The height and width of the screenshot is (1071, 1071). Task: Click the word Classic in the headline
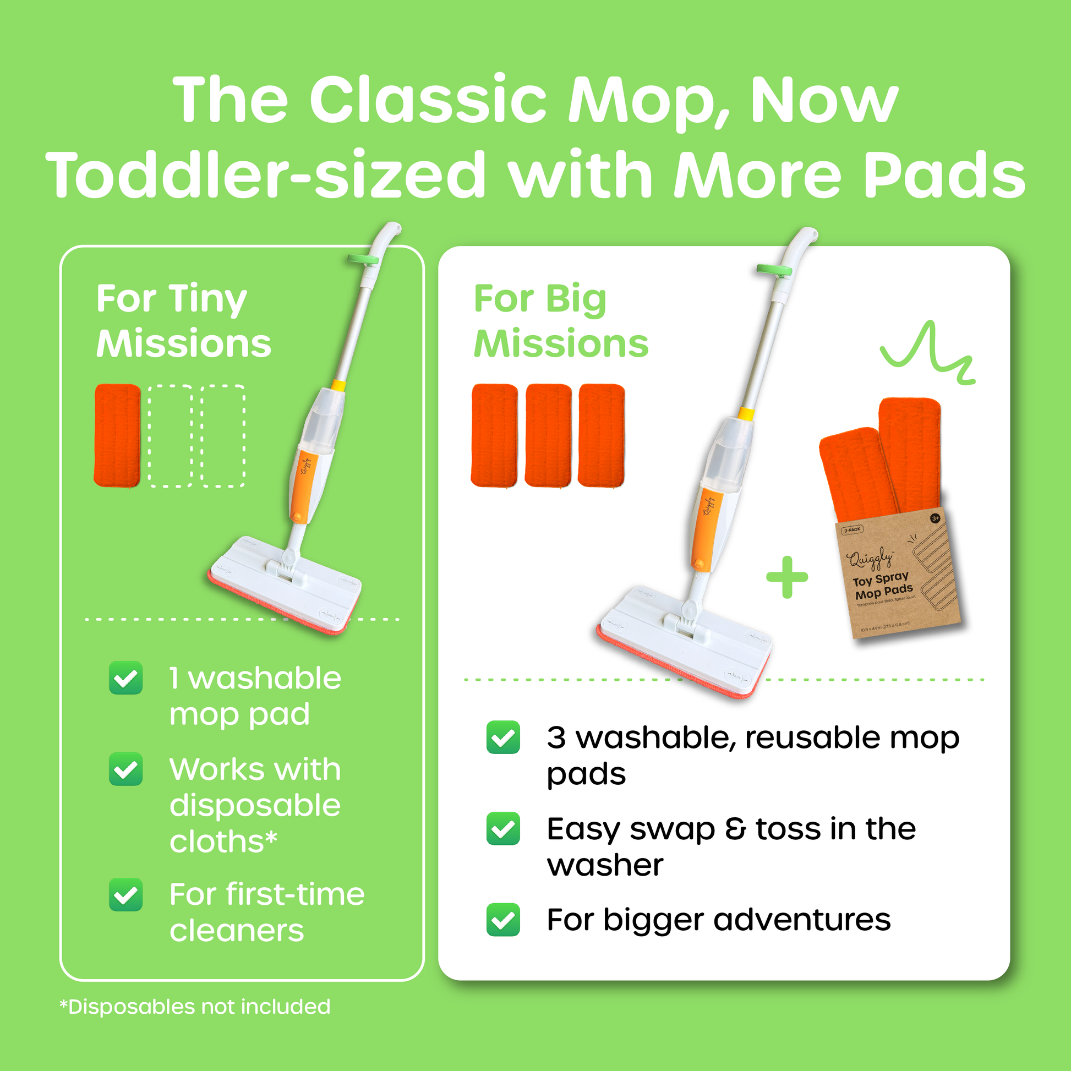pos(428,100)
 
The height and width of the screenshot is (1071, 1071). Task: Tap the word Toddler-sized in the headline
pos(266,174)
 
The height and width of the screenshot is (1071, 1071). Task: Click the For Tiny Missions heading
pos(183,321)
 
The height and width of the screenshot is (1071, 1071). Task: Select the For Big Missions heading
pos(560,321)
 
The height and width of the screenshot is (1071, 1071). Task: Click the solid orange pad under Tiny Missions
pos(117,436)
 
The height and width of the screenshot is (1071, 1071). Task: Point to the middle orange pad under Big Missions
pos(548,436)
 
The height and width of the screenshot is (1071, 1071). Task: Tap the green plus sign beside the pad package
pos(786,577)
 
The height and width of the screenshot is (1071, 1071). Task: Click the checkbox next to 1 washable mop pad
pos(126,678)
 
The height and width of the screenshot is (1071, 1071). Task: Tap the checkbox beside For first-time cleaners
pos(126,895)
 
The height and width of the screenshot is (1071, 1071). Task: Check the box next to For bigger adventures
pos(503,920)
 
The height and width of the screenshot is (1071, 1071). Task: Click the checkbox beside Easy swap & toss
pos(503,829)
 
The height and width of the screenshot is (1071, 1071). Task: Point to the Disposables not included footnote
pos(195,1007)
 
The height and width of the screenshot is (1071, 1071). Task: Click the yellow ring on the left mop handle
pos(338,385)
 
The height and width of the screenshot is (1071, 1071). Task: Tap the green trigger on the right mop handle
pos(774,270)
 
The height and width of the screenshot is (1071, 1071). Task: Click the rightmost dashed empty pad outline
pos(223,436)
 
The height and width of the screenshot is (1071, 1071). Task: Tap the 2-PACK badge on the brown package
pos(852,530)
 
